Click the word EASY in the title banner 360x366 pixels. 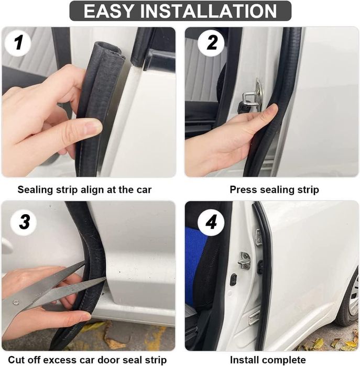pyautogui.click(x=108, y=11)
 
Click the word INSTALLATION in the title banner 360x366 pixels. pyautogui.click(x=209, y=11)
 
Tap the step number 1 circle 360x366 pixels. pyautogui.click(x=18, y=43)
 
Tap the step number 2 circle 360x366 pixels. pyautogui.click(x=211, y=43)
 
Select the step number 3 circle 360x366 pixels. pyautogui.click(x=24, y=221)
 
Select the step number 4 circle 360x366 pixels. pyautogui.click(x=211, y=222)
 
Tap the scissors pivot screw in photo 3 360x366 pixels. pyautogui.click(x=16, y=303)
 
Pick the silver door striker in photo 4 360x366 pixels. pyautogui.click(x=244, y=260)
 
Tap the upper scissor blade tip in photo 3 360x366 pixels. pyautogui.click(x=85, y=262)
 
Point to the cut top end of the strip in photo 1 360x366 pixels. pyautogui.click(x=108, y=50)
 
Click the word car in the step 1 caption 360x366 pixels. pyautogui.click(x=144, y=190)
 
